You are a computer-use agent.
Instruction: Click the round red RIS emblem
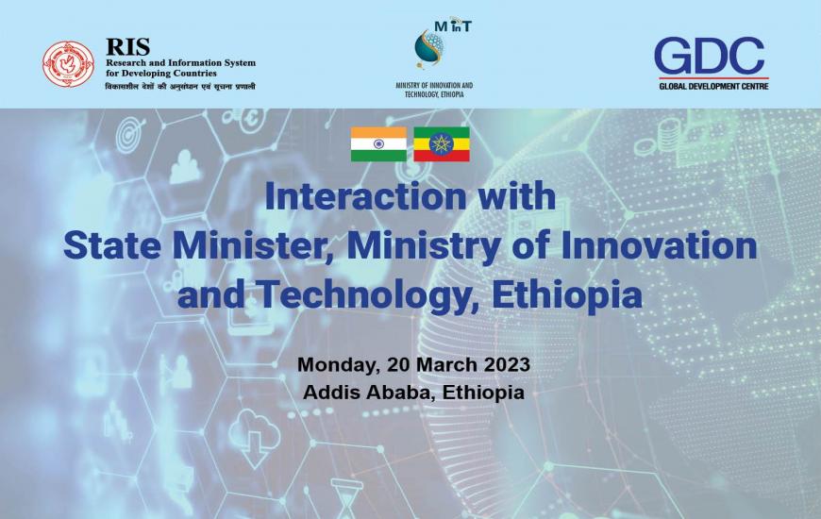click(x=69, y=64)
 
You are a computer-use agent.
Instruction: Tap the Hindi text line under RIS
click(x=180, y=87)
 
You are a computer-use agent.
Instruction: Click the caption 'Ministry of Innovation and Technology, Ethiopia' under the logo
click(x=434, y=90)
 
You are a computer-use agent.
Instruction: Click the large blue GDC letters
click(x=709, y=56)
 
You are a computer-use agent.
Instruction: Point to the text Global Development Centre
click(x=713, y=86)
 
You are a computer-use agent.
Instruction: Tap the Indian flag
click(x=378, y=144)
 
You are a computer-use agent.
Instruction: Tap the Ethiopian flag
click(x=442, y=144)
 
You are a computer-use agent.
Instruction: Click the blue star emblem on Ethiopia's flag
click(x=442, y=144)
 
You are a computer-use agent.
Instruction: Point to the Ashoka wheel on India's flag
click(x=378, y=144)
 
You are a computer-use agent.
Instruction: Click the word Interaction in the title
click(x=365, y=196)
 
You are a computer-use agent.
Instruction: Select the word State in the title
click(x=111, y=245)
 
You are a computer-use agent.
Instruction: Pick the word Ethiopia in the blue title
click(x=567, y=294)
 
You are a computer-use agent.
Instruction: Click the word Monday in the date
click(x=338, y=365)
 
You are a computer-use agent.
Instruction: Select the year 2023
click(x=507, y=364)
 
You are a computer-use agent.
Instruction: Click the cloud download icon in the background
click(x=254, y=437)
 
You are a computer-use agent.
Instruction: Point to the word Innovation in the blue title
click(x=659, y=245)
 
